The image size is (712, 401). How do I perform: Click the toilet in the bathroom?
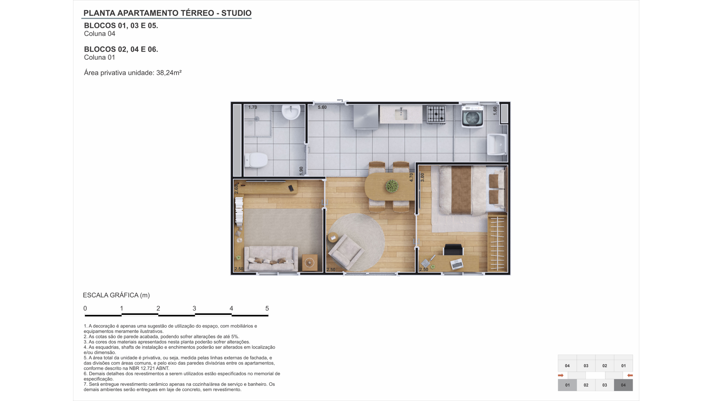point(256,160)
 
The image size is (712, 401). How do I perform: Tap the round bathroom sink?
point(291,112)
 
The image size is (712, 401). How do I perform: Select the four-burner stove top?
point(436,114)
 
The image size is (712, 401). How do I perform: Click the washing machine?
point(472,116)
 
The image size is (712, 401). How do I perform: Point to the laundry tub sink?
point(497,144)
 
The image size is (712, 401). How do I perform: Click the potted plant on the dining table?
point(392,186)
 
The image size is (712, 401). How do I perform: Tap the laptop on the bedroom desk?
point(457,264)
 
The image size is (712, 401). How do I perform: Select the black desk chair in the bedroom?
point(453,250)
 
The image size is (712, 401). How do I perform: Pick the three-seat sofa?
point(271,258)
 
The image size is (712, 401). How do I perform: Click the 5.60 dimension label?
point(322,107)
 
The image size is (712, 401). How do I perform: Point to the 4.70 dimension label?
point(411,177)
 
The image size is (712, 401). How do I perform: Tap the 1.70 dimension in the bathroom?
point(253,107)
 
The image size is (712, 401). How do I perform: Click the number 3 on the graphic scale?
point(194,308)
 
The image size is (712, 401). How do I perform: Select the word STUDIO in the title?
point(236,13)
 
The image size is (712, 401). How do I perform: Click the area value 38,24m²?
point(169,73)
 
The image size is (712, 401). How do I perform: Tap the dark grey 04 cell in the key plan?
point(623,385)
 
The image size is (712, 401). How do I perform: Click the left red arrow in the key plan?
point(561,375)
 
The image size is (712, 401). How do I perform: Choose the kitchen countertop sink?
point(401,114)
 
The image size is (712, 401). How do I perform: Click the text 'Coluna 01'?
point(100,58)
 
